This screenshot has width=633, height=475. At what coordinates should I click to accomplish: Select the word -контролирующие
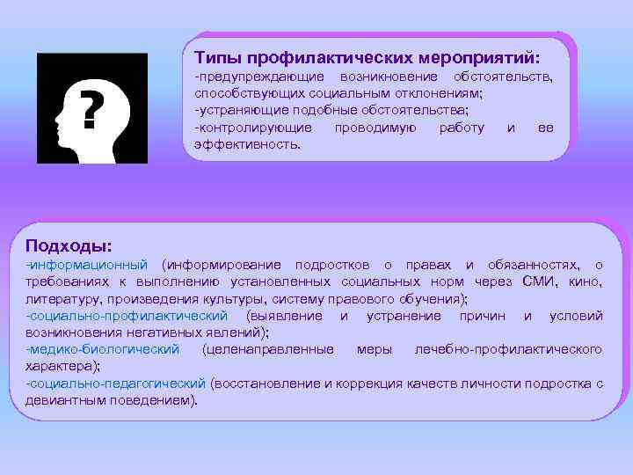[x=253, y=127]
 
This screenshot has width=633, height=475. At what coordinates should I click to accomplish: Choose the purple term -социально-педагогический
[x=117, y=384]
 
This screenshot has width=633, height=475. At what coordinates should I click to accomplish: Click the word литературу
[x=64, y=298]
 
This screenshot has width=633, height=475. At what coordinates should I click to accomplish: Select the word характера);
[x=62, y=366]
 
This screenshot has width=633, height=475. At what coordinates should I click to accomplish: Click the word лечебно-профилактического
[x=508, y=349]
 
